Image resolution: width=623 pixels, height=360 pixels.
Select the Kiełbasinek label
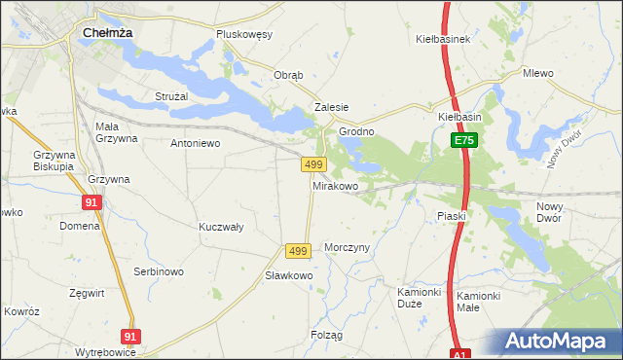click(443, 39)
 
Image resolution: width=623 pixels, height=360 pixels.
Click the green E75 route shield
click(463, 141)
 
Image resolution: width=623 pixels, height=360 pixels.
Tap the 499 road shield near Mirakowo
click(312, 165)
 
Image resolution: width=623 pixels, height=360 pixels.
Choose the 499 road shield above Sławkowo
click(298, 251)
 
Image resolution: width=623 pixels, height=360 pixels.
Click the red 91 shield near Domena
click(92, 202)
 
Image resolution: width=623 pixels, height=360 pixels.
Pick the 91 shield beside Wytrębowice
click(131, 336)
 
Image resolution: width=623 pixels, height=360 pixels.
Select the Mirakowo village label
click(335, 185)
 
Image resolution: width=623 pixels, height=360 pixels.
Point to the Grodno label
click(356, 131)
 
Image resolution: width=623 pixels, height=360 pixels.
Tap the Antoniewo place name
click(196, 143)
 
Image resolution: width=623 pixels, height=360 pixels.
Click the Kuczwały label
click(221, 227)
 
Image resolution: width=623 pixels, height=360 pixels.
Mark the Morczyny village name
click(348, 247)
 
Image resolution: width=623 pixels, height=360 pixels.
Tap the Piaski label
click(452, 216)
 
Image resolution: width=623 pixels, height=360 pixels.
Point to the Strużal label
click(171, 96)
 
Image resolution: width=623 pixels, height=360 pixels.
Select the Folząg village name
click(327, 335)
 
